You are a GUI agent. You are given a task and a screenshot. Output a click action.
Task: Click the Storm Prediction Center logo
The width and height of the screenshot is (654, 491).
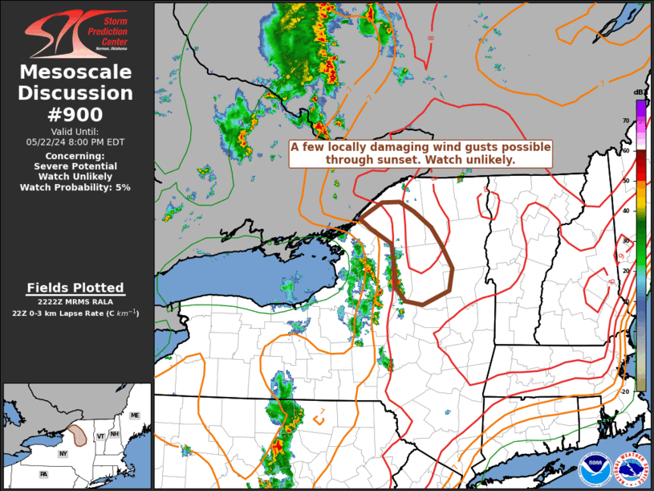pos(76,34)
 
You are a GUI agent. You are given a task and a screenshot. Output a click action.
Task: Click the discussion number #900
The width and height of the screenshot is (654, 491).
pos(76,114)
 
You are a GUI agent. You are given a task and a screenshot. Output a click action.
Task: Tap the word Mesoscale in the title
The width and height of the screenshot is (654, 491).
pos(76,72)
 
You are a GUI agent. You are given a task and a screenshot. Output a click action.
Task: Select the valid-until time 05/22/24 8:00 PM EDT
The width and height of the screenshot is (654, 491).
pos(75,141)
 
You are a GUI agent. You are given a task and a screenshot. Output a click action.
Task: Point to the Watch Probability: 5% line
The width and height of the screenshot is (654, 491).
pos(75,187)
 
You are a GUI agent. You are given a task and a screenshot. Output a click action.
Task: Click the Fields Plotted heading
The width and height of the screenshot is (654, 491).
pos(75,288)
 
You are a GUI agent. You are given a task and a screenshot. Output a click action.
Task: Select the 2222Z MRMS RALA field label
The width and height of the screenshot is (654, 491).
pos(75,301)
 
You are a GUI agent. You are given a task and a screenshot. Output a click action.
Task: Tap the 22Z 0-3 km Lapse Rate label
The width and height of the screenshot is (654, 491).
pos(75,313)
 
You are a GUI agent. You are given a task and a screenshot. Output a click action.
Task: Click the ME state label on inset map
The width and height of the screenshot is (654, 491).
pos(135,415)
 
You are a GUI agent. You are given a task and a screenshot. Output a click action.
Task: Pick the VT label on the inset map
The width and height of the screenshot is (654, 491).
pos(100,435)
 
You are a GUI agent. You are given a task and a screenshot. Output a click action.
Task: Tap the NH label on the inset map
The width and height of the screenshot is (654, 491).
pos(116,434)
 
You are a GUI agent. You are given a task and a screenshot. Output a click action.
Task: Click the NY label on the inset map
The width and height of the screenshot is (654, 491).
pos(63,454)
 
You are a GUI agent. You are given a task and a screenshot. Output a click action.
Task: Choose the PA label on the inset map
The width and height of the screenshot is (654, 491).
pos(45,475)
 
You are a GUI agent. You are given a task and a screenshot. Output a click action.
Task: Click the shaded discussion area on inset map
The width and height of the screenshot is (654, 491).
pos(78,435)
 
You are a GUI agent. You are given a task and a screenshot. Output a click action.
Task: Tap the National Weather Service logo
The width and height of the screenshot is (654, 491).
pos(629,468)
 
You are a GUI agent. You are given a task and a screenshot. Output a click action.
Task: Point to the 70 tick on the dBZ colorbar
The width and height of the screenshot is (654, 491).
pos(625,121)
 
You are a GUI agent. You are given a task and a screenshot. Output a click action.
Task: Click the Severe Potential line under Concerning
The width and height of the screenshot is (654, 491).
pos(75,166)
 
